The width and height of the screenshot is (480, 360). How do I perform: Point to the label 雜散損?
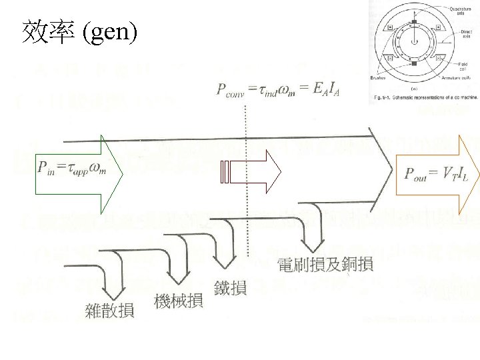click(x=109, y=309)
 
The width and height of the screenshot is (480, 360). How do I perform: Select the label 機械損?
click(x=179, y=302)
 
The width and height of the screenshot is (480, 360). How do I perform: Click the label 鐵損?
click(x=231, y=288)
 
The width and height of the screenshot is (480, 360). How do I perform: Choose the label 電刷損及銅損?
click(x=325, y=264)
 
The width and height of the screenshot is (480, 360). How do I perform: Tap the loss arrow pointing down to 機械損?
click(x=178, y=267)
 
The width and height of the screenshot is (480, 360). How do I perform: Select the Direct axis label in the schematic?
click(x=464, y=33)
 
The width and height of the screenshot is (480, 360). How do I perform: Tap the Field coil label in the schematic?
click(x=461, y=65)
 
